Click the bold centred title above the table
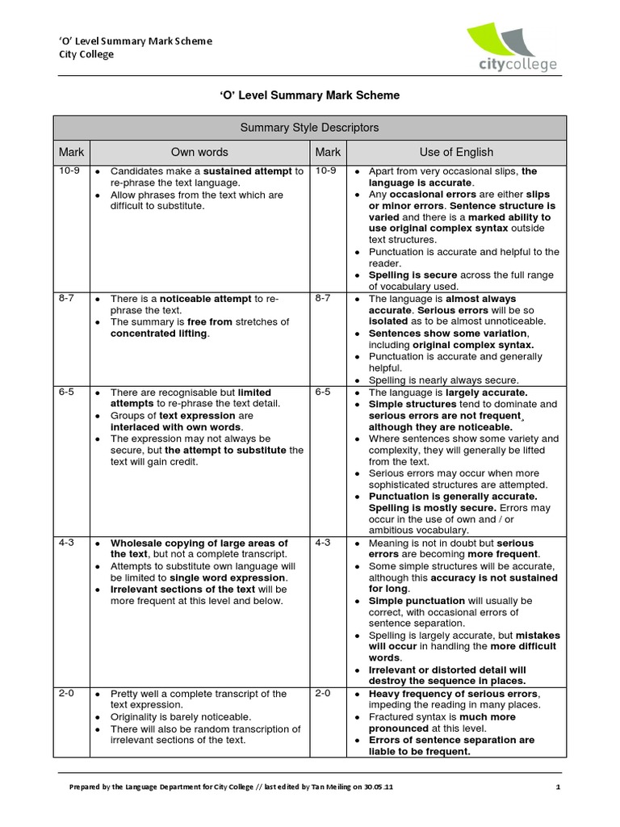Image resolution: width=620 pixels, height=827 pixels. click(x=309, y=95)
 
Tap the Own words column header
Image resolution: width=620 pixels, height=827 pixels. click(x=199, y=152)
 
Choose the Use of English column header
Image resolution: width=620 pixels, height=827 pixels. click(x=455, y=152)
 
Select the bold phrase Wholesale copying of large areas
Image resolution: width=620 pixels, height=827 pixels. click(x=199, y=543)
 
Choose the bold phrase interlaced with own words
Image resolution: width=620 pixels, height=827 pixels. click(x=177, y=426)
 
